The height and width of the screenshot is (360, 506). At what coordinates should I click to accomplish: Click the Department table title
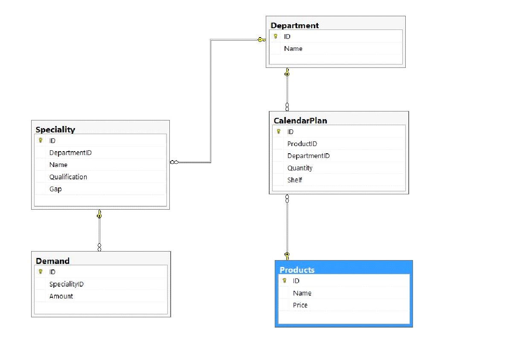(x=294, y=26)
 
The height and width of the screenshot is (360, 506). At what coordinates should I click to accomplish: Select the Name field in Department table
(x=293, y=49)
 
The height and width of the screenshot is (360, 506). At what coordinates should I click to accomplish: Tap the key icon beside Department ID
(x=276, y=37)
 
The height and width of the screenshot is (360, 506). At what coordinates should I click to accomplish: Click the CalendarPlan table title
(x=300, y=121)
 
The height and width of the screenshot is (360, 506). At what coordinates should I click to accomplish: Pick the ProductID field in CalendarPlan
(x=302, y=144)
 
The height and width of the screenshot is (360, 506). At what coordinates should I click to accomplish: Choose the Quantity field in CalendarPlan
(x=300, y=168)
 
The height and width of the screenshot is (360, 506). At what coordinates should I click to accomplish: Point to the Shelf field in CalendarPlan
(x=294, y=180)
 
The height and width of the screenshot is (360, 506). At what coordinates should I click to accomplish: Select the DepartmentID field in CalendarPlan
(x=308, y=156)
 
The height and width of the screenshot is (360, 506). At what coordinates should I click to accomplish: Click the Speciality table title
(x=55, y=130)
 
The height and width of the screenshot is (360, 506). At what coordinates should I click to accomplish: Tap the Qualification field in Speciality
(x=68, y=177)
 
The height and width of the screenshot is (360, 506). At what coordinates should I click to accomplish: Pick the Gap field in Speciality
(x=55, y=189)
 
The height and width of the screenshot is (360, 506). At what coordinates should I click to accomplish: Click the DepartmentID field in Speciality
(x=70, y=153)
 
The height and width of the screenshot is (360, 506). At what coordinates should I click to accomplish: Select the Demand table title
(x=52, y=261)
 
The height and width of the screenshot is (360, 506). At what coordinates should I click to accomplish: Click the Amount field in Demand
(x=61, y=296)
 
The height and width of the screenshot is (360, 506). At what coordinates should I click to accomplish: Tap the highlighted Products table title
(x=297, y=270)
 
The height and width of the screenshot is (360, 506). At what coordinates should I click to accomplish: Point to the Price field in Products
(x=300, y=305)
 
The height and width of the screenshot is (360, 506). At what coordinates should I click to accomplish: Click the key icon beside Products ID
(x=284, y=281)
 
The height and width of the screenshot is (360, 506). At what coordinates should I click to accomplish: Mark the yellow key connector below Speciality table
(x=99, y=214)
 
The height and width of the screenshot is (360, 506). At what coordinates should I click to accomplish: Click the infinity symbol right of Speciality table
(x=174, y=162)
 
